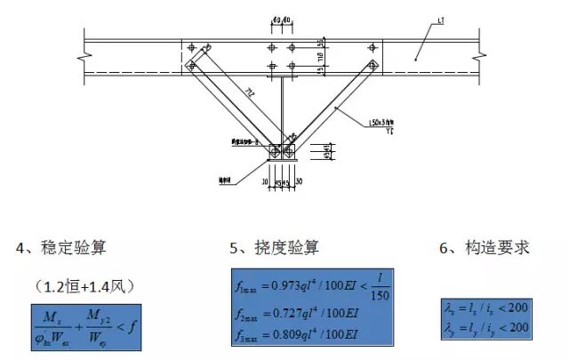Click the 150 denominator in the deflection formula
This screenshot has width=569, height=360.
click(380, 295)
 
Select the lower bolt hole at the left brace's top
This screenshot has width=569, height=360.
click(189, 64)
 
